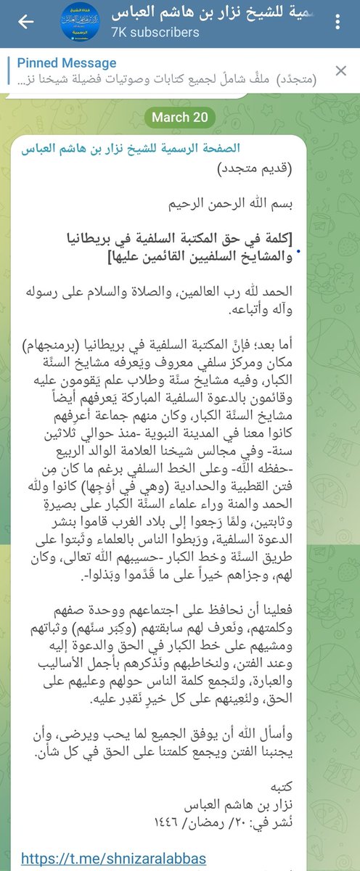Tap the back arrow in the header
pyautogui.click(x=26, y=22)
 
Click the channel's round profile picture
pyautogui.click(x=80, y=22)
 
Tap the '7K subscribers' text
pyautogui.click(x=156, y=33)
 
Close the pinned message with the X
pyautogui.click(x=340, y=70)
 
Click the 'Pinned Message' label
pyautogui.click(x=66, y=63)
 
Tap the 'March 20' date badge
pyautogui.click(x=180, y=117)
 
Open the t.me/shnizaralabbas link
pyautogui.click(x=112, y=859)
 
